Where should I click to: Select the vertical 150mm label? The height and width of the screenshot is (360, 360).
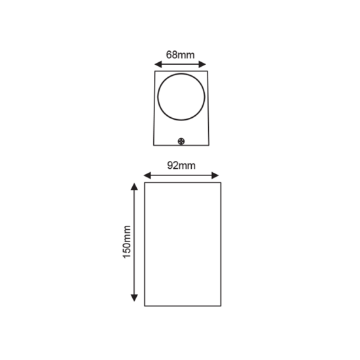coord(126,242)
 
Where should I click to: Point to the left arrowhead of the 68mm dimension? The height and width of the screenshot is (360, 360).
coord(156,65)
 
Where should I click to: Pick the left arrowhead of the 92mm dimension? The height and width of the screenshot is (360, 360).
coord(145,175)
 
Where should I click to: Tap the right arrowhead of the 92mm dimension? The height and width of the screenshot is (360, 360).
coord(217,175)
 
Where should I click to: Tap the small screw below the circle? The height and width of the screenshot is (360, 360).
coord(181,139)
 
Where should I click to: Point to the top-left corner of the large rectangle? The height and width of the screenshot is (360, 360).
coord(143,184)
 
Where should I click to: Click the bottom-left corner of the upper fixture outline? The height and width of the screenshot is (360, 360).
coord(154,146)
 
